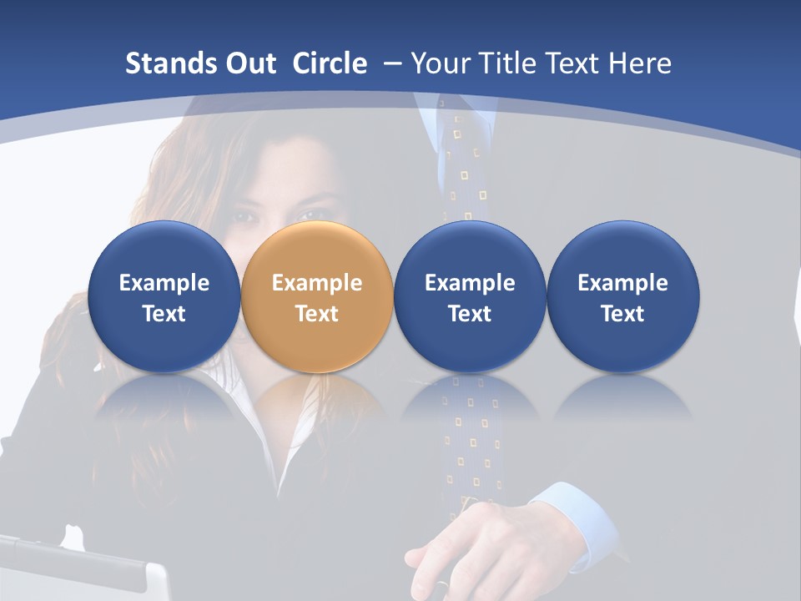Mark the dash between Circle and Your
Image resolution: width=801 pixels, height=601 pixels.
click(x=390, y=63)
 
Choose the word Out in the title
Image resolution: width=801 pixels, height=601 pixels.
click(x=249, y=63)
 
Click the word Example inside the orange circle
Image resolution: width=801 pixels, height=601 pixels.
click(x=317, y=283)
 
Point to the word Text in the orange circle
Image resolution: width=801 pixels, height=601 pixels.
click(x=317, y=314)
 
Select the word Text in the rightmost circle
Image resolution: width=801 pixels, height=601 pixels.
click(x=622, y=314)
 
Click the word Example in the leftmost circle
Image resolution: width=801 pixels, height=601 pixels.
click(x=164, y=283)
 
